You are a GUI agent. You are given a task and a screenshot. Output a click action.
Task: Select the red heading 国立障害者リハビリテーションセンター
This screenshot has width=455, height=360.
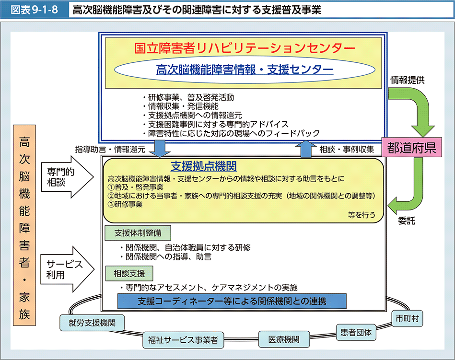point(245,48)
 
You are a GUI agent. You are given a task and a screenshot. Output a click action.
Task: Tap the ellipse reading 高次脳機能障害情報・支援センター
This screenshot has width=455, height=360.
point(245,70)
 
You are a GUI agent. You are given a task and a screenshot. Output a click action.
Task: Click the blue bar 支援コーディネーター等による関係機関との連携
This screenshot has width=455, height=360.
point(232,301)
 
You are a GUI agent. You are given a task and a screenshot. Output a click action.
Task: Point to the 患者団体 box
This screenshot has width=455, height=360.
point(356,331)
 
